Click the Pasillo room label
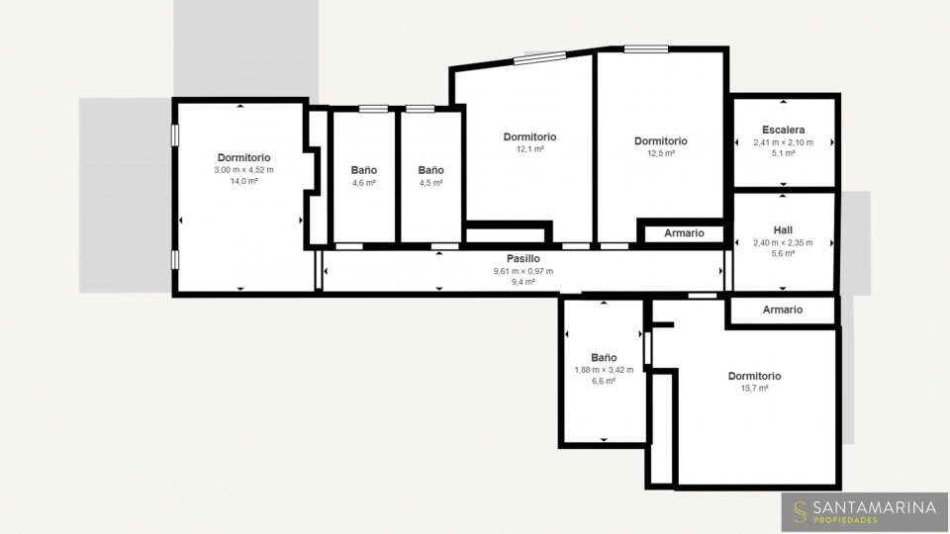(x=522, y=258)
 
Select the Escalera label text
(x=784, y=130)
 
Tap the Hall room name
(x=783, y=230)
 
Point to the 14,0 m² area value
(x=243, y=181)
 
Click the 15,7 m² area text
(x=754, y=388)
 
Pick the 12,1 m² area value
(x=529, y=149)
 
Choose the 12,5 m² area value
(x=660, y=153)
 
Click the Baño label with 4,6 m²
(x=363, y=170)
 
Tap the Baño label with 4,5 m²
(x=430, y=170)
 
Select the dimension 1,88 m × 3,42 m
(x=604, y=369)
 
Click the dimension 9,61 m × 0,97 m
(x=522, y=271)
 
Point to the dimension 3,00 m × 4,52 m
(x=243, y=169)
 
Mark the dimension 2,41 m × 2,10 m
(x=784, y=142)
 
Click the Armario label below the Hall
(x=782, y=310)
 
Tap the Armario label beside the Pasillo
(x=684, y=233)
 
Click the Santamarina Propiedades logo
(x=865, y=511)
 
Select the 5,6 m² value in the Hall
(x=783, y=253)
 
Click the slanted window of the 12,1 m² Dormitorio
(x=540, y=57)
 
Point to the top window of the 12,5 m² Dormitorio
(x=646, y=49)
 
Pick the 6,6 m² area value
(x=604, y=381)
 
